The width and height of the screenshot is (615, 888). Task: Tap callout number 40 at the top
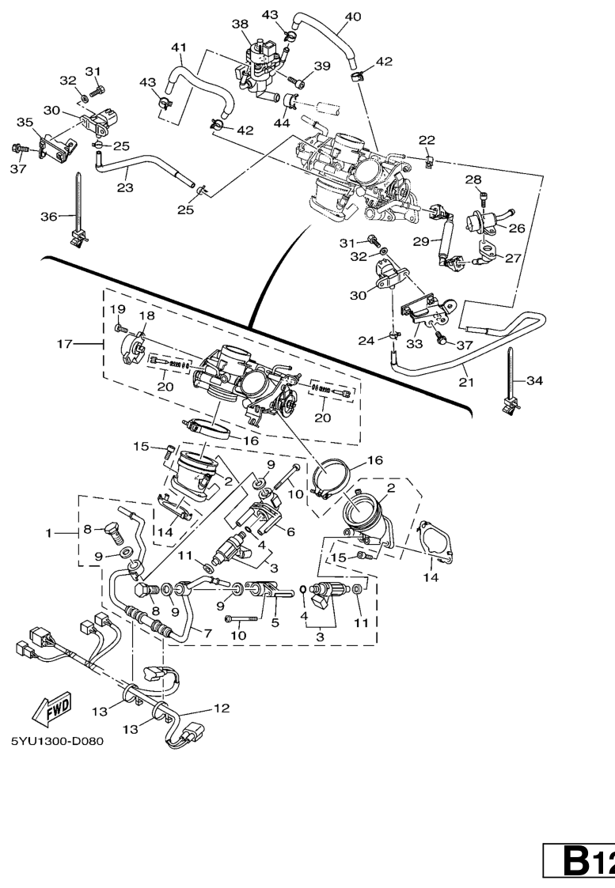(353, 16)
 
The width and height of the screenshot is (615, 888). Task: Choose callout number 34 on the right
(535, 381)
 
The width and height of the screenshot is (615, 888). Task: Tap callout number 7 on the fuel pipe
(207, 633)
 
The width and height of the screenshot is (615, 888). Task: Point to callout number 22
(427, 140)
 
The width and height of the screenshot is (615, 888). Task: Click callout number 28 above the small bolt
(473, 179)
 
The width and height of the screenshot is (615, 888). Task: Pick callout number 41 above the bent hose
(179, 47)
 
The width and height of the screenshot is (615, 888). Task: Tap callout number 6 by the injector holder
(290, 532)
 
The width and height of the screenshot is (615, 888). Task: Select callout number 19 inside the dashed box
(118, 308)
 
